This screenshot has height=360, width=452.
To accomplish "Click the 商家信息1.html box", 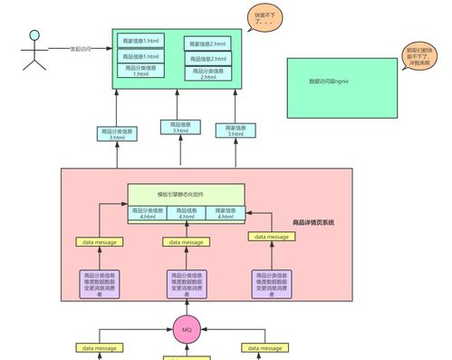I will coord(139,42).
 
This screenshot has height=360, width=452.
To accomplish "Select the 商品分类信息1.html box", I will coord(140,71).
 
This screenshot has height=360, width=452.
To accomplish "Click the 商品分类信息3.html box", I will coord(117,134).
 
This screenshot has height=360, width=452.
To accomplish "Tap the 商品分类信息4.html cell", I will coord(147,213).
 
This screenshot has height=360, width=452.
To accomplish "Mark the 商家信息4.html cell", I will coord(225,213).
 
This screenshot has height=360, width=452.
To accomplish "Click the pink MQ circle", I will coord(187,328).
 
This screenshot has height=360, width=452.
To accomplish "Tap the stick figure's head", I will coord(35,36).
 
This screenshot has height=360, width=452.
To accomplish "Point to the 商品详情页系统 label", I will coord(313,222).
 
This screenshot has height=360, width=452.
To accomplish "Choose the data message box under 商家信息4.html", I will coord(272,237).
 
